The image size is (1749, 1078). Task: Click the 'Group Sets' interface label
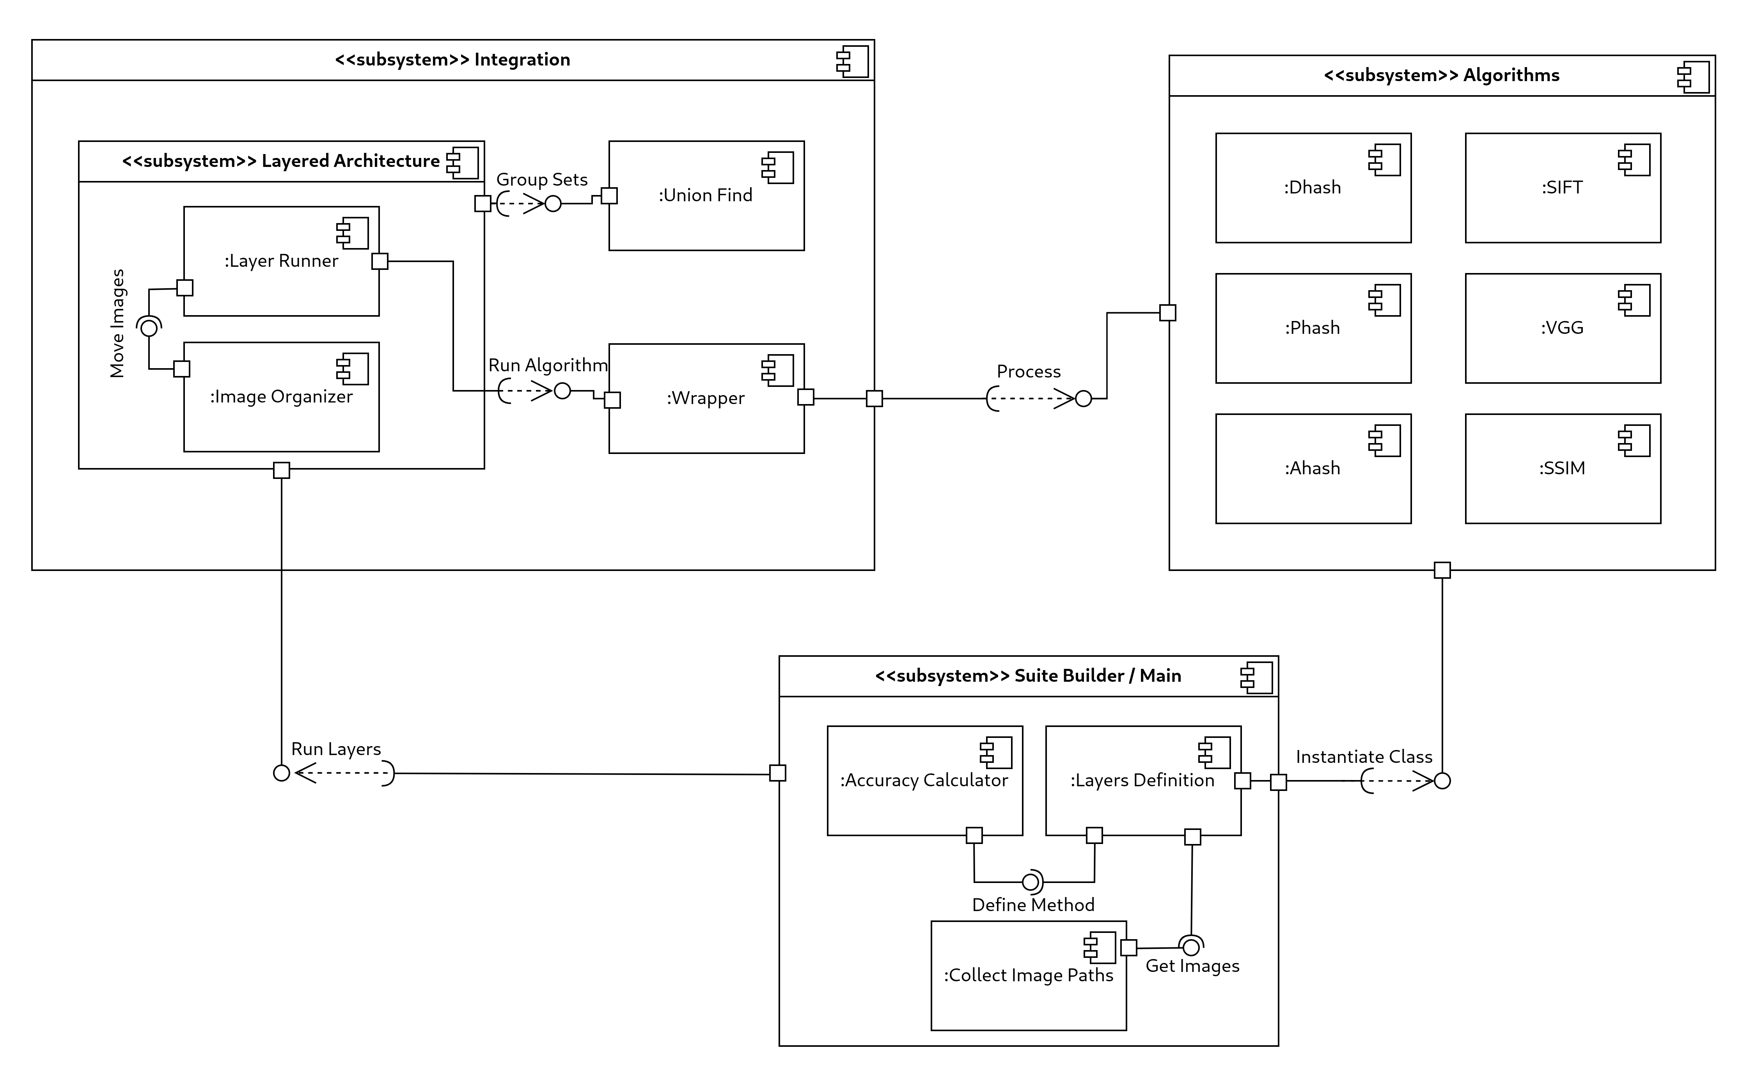click(x=542, y=180)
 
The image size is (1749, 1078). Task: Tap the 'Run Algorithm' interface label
click(x=548, y=365)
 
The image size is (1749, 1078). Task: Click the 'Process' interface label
click(x=1028, y=371)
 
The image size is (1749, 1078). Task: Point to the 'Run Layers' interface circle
click(x=282, y=773)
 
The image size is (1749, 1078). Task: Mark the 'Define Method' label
click(x=1032, y=905)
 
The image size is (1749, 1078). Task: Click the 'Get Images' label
click(x=1192, y=966)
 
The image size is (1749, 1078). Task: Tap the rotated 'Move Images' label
click(x=118, y=323)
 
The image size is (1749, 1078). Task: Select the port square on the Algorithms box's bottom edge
click(x=1442, y=570)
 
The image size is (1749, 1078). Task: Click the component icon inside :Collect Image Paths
click(x=1100, y=947)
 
